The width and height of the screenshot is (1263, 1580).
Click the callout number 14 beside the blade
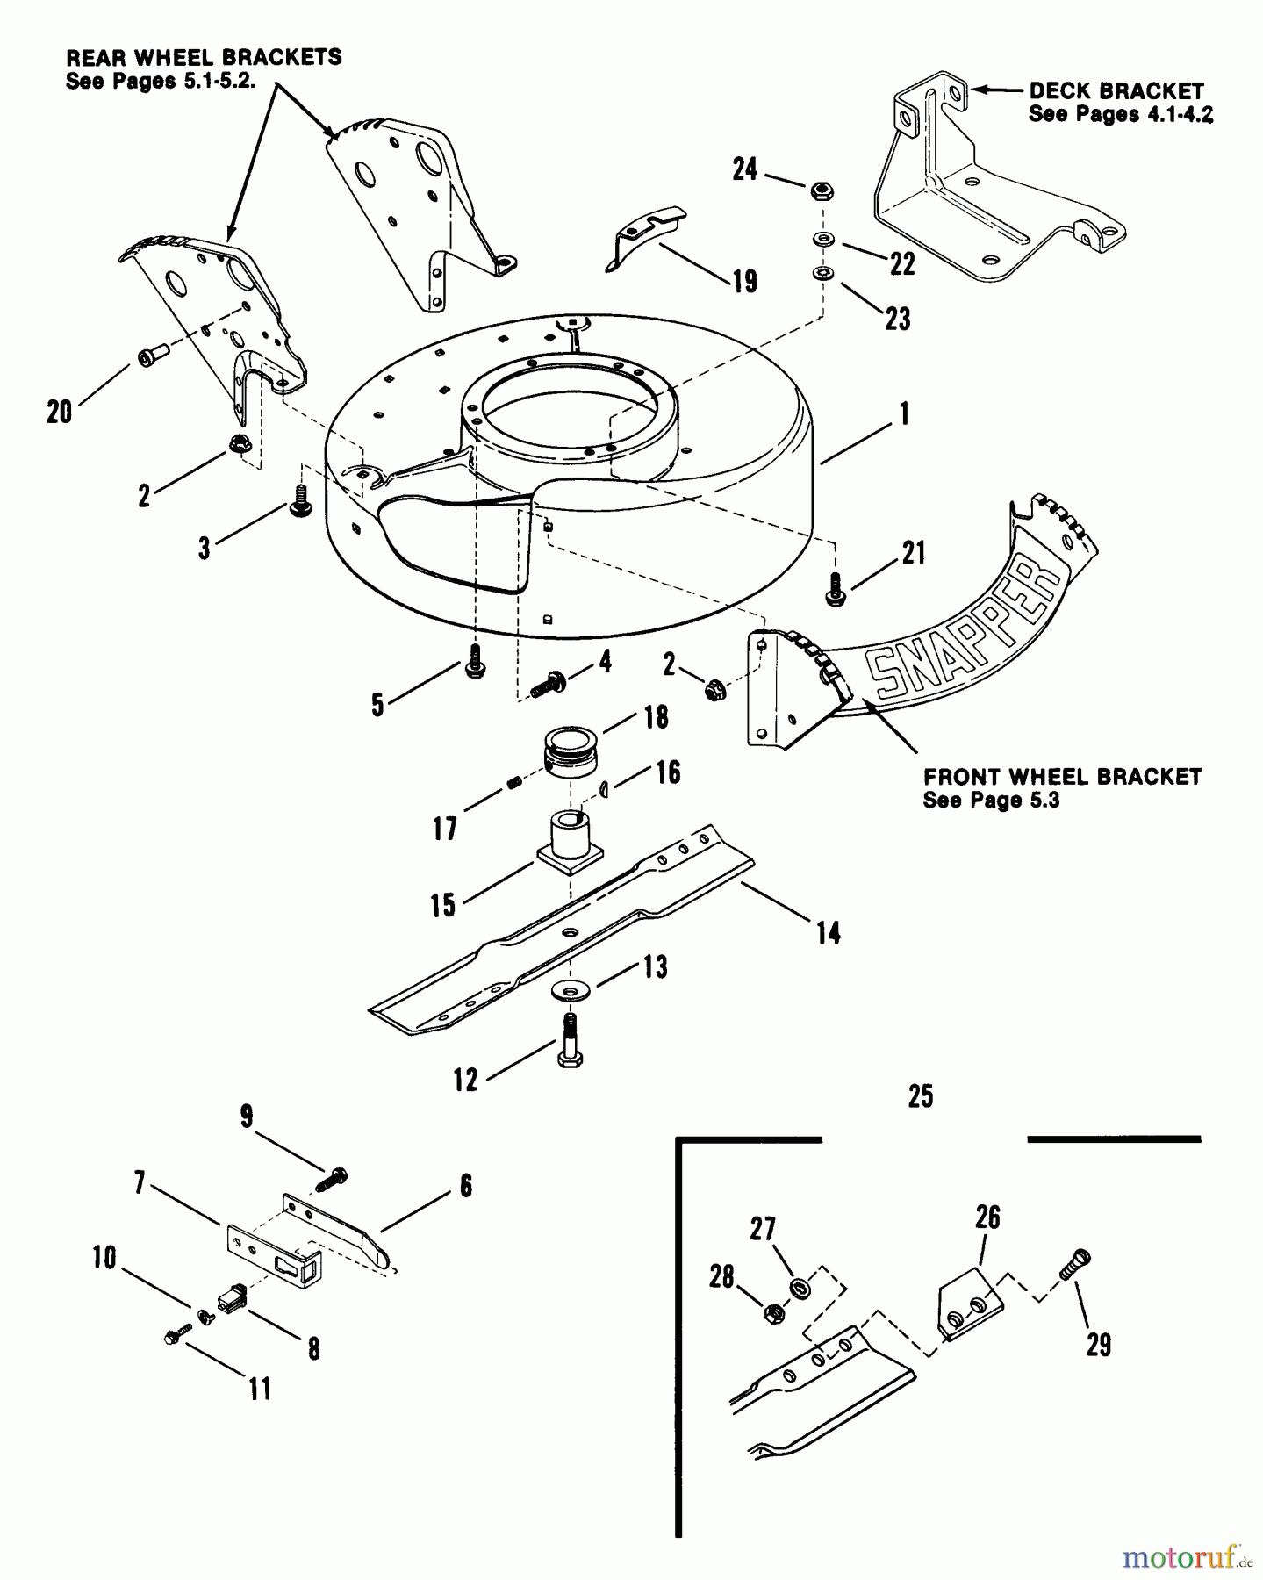(829, 932)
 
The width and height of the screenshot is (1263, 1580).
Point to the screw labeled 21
(835, 587)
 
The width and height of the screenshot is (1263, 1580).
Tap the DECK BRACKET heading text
(1116, 90)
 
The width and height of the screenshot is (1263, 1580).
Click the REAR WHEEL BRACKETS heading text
(204, 58)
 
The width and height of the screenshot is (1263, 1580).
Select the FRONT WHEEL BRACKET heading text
(1062, 777)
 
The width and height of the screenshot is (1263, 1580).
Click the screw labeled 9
(329, 1179)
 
